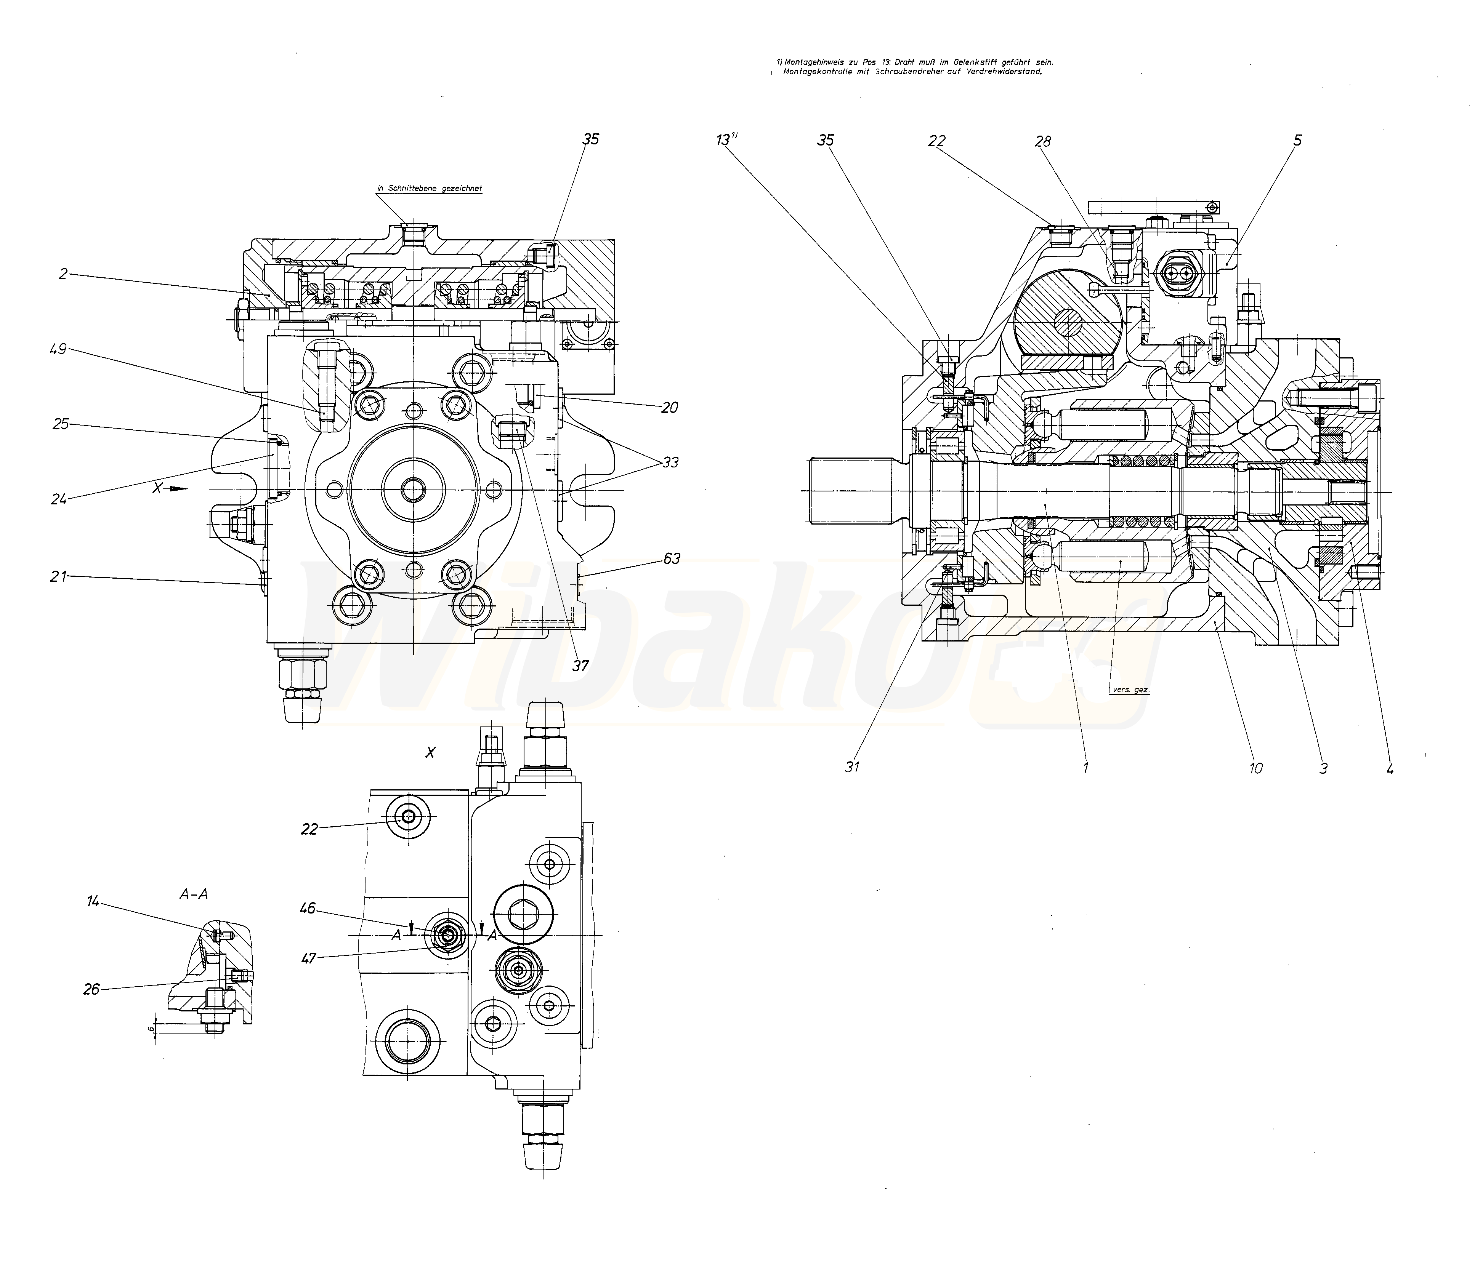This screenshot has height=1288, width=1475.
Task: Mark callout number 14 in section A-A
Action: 93,901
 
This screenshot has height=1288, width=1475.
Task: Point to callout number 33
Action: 670,462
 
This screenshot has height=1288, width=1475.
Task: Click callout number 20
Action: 670,408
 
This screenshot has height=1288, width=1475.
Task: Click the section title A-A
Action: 194,894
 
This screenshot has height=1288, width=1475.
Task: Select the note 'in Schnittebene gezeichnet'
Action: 429,188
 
